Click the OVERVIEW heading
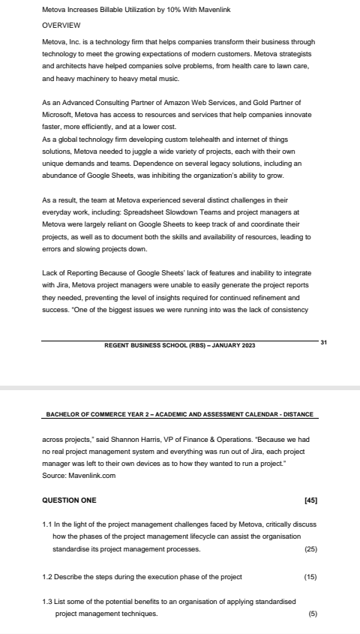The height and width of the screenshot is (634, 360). click(x=61, y=25)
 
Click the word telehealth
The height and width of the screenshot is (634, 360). click(x=204, y=139)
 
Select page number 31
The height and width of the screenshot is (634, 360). click(x=323, y=342)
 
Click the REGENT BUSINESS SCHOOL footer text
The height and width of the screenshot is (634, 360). click(x=180, y=345)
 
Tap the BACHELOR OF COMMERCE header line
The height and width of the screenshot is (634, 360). click(x=181, y=414)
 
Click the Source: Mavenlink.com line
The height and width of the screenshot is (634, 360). click(x=79, y=476)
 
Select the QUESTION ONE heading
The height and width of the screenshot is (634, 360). click(x=70, y=500)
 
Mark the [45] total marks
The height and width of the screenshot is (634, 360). click(x=311, y=500)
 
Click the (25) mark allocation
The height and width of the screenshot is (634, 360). click(x=311, y=549)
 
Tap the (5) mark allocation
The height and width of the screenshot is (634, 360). click(x=313, y=614)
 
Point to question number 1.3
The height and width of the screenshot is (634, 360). click(x=48, y=602)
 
